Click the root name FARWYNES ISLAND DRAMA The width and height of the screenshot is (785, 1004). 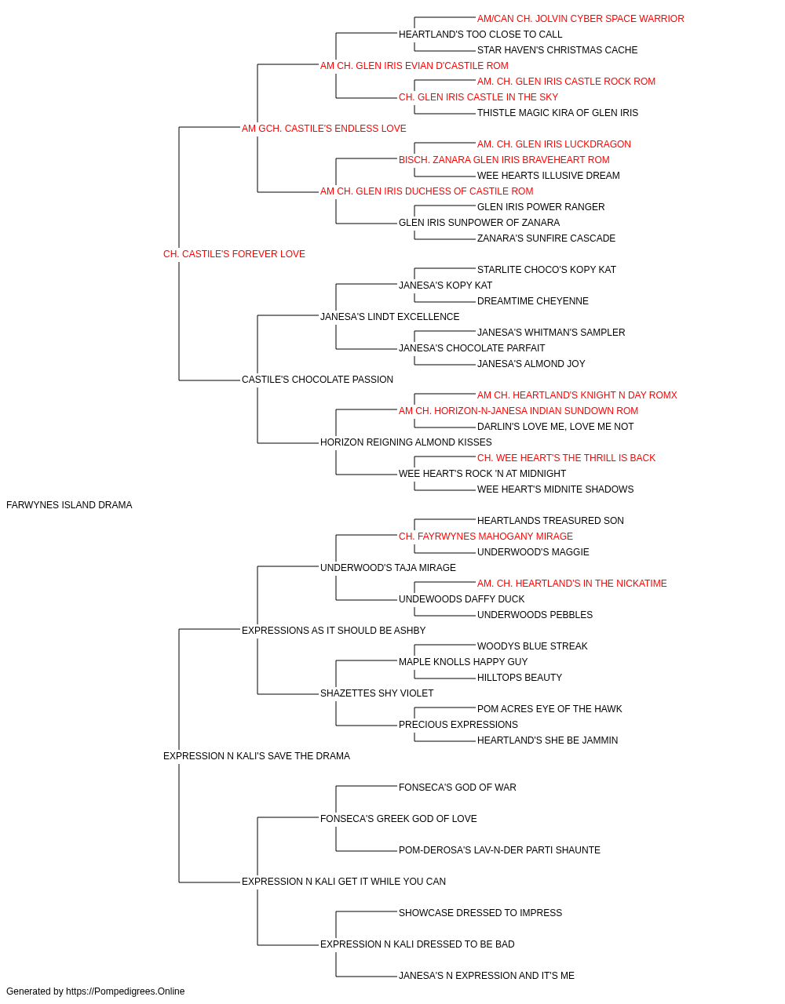(69, 505)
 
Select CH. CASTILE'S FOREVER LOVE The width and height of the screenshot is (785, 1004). (234, 254)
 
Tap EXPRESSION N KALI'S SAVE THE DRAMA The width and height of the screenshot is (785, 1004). (257, 756)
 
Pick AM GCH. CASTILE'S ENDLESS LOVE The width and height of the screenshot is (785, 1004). (323, 129)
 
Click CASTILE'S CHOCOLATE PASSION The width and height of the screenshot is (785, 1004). (317, 380)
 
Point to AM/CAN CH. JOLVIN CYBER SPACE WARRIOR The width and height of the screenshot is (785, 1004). (580, 19)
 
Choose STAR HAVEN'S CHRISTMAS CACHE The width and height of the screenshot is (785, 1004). (557, 50)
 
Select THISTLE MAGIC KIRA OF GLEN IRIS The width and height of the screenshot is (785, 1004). (557, 113)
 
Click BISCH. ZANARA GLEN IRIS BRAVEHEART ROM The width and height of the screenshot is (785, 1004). (504, 160)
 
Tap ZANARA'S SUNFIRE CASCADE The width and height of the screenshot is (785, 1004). (546, 238)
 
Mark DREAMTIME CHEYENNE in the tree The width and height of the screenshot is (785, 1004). (532, 301)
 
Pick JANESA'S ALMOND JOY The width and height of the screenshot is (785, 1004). (531, 364)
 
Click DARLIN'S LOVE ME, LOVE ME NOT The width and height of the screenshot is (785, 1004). (555, 427)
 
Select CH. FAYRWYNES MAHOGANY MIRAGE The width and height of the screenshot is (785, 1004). (485, 537)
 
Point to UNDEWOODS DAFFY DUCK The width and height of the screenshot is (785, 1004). (462, 599)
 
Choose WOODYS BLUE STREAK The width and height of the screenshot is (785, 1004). (532, 646)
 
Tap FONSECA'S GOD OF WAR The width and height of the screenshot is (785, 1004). (457, 788)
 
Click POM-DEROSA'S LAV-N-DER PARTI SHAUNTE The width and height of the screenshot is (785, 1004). (499, 850)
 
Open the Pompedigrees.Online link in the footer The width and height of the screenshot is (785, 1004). (125, 991)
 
